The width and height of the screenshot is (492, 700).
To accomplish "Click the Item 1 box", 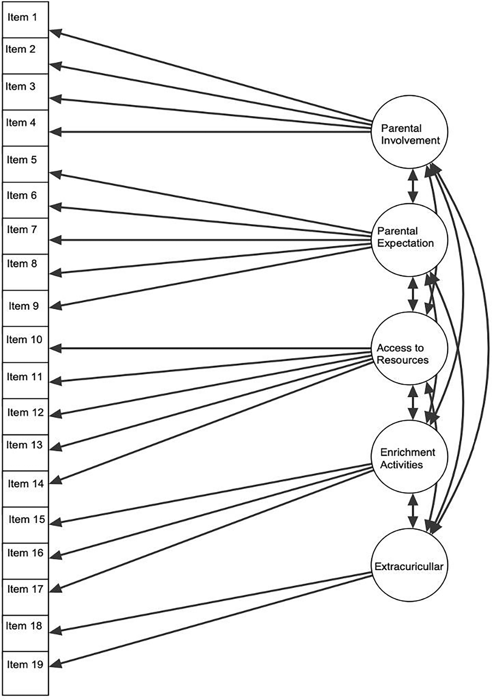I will (x=25, y=20).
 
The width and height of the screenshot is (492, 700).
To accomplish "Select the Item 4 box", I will (x=25, y=128).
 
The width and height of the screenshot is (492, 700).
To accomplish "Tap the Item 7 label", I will (x=22, y=229).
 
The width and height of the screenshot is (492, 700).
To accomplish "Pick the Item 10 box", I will (x=25, y=345).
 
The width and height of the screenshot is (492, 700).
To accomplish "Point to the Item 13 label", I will (x=24, y=445).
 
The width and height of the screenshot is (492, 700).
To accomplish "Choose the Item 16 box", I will (x=25, y=561).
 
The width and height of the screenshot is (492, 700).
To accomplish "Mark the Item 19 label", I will (x=25, y=664).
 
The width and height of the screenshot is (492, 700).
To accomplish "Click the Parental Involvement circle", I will (x=409, y=132).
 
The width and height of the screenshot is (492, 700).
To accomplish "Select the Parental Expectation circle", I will (x=409, y=240).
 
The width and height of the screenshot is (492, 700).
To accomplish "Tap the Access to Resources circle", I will (x=409, y=348).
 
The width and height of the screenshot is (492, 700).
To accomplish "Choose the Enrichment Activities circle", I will (x=409, y=457).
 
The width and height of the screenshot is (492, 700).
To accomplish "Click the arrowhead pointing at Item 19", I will (x=56, y=664).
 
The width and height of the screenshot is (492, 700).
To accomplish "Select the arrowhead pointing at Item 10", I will (x=56, y=348).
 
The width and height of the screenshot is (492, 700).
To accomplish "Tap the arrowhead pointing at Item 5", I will (x=56, y=174).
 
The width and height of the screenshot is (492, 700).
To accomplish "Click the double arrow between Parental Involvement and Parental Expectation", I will (x=413, y=186).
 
